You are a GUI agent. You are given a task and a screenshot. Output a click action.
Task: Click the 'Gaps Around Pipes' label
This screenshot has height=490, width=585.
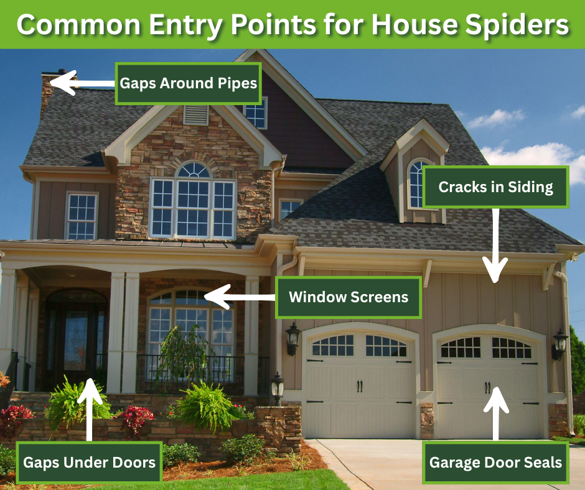188,83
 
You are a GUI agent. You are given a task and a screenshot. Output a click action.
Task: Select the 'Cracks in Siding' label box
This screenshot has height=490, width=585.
495,187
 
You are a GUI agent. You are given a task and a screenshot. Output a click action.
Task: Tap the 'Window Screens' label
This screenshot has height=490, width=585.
349,297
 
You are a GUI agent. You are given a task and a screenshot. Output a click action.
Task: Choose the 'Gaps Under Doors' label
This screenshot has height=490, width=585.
89,463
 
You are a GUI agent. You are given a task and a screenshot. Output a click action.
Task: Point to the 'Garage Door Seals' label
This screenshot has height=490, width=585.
495,463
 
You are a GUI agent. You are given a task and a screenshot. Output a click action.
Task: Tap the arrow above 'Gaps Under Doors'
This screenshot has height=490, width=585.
89,404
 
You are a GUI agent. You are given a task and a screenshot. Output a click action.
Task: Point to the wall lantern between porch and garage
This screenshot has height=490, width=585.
292,338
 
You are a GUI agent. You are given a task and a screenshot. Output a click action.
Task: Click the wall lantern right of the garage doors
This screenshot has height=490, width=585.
560,344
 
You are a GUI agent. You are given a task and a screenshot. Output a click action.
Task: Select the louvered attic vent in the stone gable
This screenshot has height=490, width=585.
195,114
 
